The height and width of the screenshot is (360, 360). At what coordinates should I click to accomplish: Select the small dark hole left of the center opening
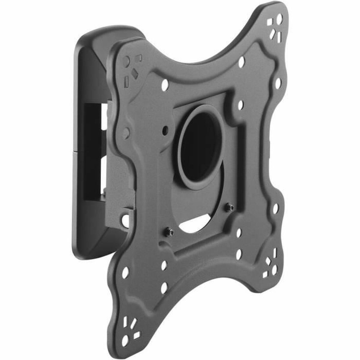click(x=165, y=130)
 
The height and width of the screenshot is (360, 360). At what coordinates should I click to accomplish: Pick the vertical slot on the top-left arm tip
click(x=126, y=81)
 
